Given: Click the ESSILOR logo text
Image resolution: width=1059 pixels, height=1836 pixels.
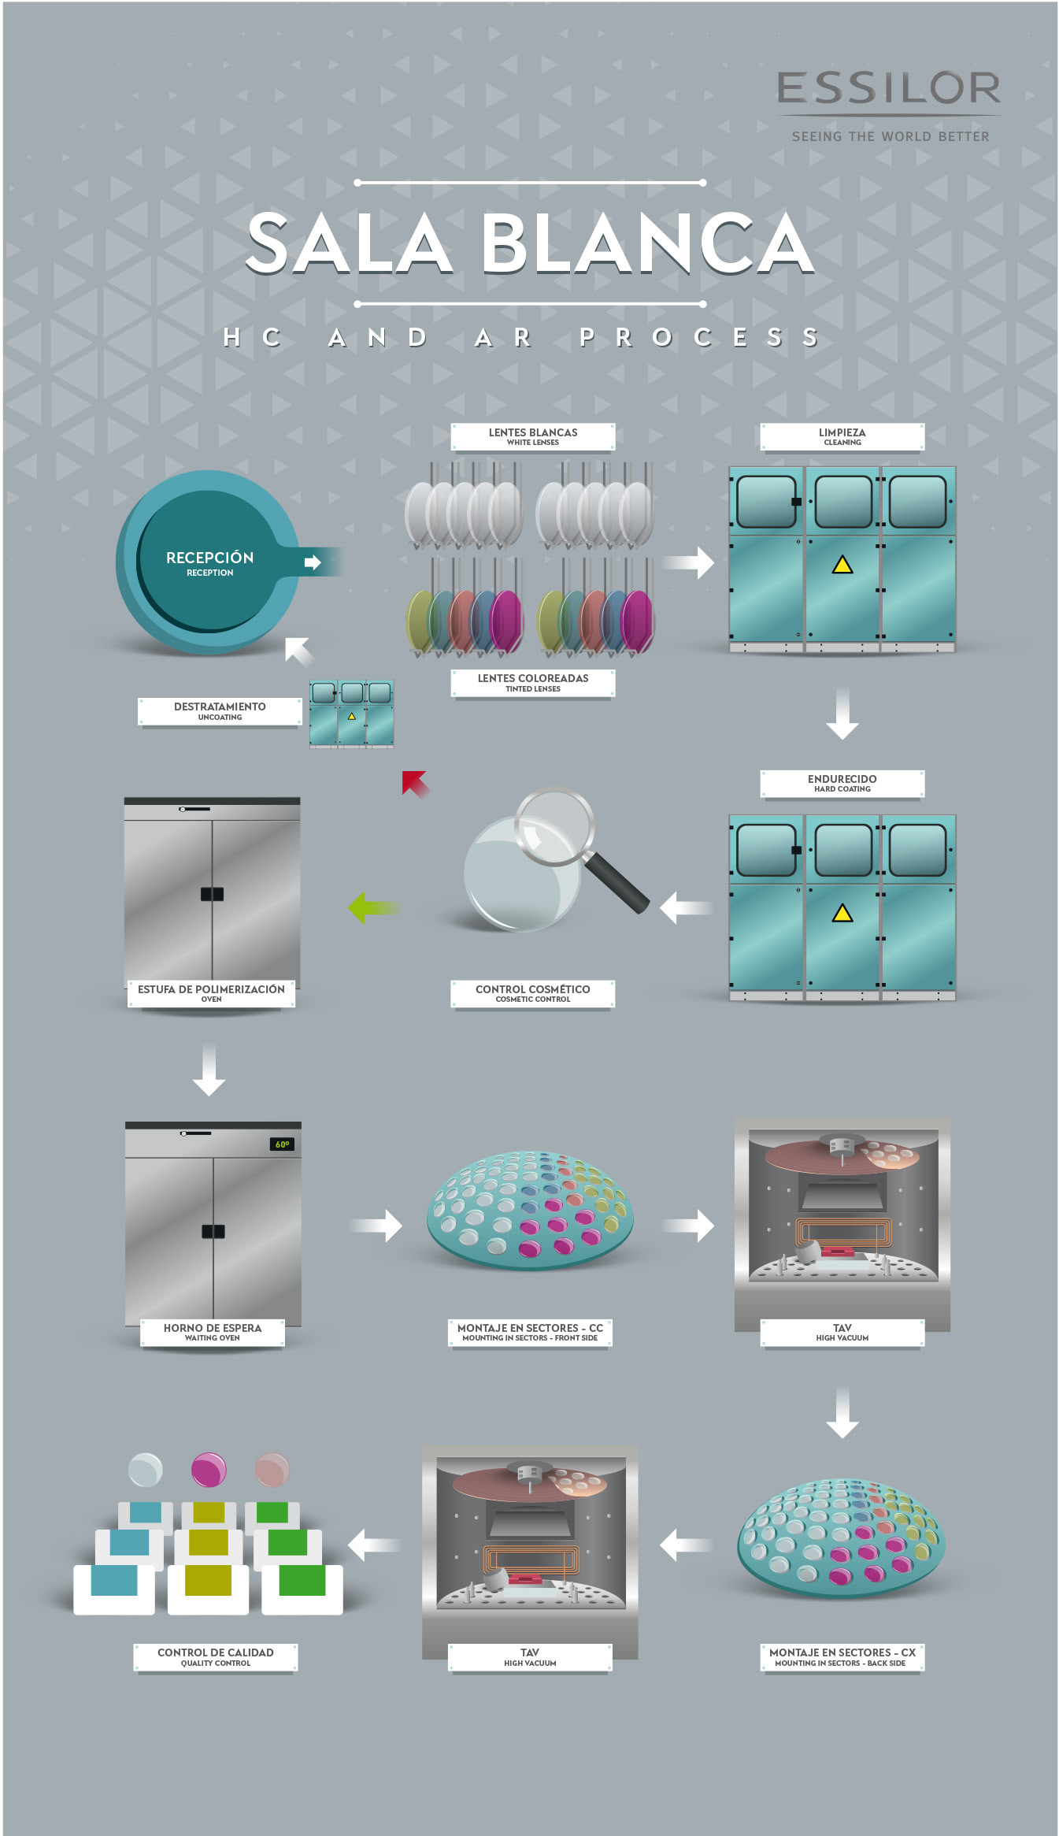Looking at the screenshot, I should click(x=888, y=88).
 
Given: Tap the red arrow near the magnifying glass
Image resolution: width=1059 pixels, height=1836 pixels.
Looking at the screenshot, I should click(x=414, y=783).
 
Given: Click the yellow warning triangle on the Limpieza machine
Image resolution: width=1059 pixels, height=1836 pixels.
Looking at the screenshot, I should click(x=842, y=565).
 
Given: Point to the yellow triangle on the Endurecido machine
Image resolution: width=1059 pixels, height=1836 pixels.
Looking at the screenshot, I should click(x=842, y=913).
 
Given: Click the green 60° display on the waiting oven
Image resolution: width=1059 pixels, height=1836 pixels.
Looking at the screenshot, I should click(x=282, y=1144).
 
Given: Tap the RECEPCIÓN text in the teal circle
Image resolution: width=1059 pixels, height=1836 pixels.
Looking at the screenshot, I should click(x=209, y=558).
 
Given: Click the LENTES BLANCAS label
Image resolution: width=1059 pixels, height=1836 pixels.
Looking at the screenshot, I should click(x=532, y=436).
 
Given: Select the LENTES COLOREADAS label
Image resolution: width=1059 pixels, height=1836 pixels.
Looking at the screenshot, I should click(x=532, y=682).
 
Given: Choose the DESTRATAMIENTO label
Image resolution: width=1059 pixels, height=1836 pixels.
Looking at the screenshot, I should click(x=220, y=710).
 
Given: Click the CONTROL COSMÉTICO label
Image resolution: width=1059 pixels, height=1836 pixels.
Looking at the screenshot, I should click(x=532, y=992).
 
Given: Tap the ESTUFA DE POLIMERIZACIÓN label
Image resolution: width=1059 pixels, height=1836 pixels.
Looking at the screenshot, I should click(x=211, y=992).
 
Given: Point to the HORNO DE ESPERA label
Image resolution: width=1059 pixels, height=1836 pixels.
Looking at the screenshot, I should click(x=212, y=1331).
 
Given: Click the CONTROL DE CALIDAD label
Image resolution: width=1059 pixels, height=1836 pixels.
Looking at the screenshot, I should click(x=215, y=1656).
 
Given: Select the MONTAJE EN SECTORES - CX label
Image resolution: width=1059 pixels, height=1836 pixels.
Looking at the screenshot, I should click(x=842, y=1656).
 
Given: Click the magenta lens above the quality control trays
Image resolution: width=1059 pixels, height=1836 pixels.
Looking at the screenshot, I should click(x=209, y=1470).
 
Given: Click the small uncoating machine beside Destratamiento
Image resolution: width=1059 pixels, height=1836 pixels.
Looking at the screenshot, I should click(x=351, y=713).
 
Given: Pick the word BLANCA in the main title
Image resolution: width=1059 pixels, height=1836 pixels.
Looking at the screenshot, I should click(x=647, y=244).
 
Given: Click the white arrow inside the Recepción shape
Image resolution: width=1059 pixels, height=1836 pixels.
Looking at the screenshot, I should click(x=313, y=562).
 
